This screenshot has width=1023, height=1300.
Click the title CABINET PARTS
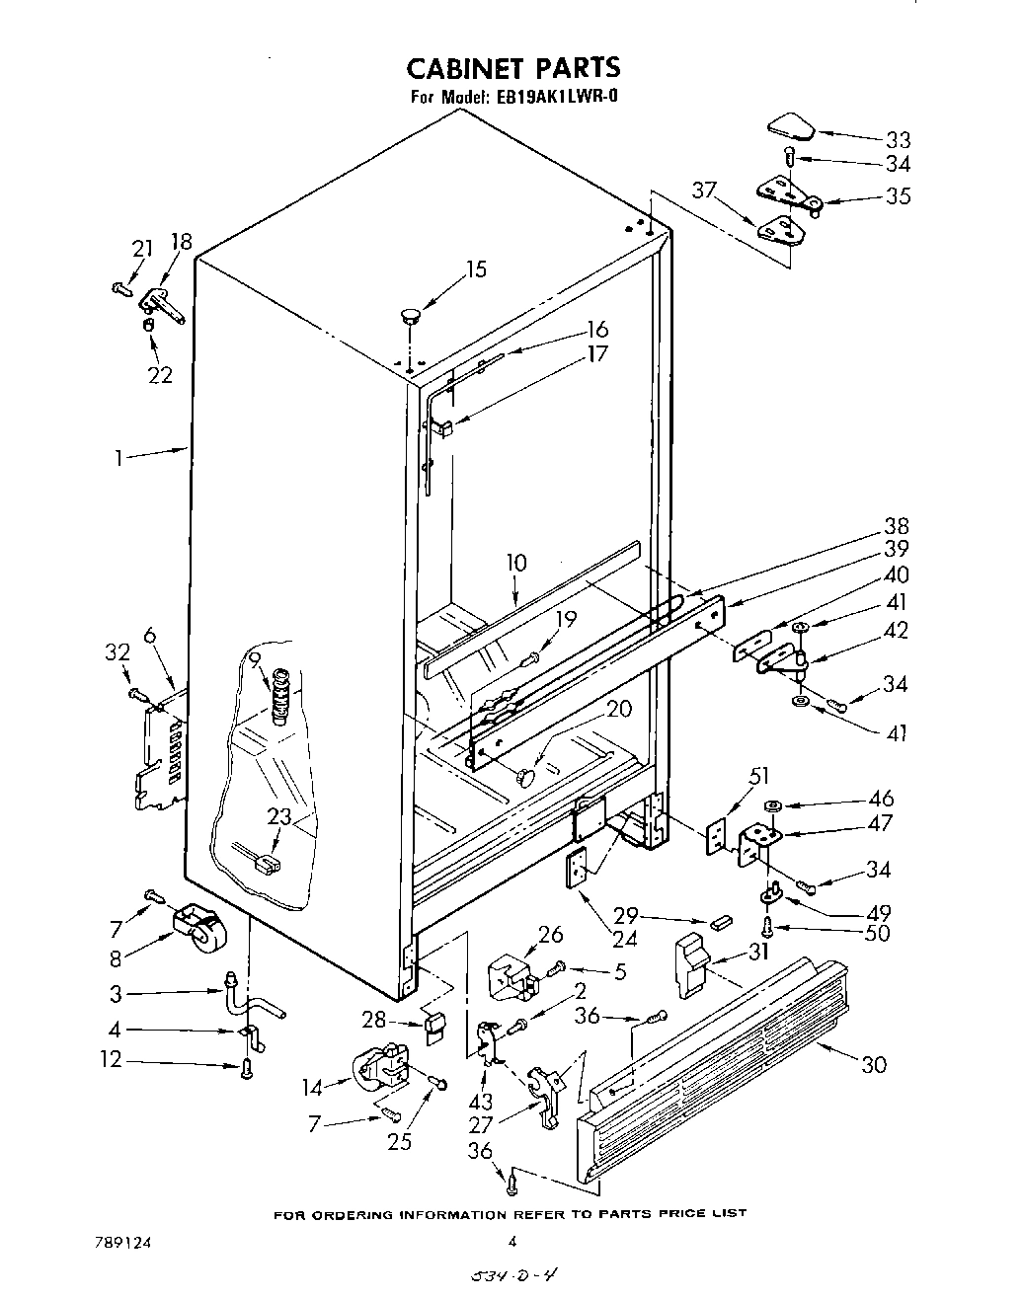coord(513,67)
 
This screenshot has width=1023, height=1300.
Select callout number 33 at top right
coord(898,139)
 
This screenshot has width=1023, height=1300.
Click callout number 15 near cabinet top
coord(476,268)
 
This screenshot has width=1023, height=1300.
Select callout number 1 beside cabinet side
coord(118,457)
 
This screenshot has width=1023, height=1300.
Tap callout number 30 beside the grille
coord(873,1064)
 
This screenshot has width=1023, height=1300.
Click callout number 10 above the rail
coord(516,563)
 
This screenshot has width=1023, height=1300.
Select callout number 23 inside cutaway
coord(279,817)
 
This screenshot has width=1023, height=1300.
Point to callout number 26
coord(550,933)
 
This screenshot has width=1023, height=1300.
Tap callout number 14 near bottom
coord(313,1088)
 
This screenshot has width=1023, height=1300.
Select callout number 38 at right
coord(897,526)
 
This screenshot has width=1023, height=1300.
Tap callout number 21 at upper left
coord(143,249)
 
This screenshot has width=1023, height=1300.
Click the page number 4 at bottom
coord(511,1242)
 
